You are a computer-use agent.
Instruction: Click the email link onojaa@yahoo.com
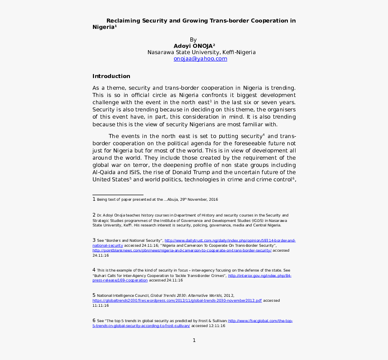tap(200, 59)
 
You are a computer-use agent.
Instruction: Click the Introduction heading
tap(111, 76)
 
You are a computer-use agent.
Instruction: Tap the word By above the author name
tap(194, 40)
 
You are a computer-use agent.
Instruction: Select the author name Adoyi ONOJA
tap(193, 46)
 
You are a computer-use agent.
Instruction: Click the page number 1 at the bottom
tap(194, 340)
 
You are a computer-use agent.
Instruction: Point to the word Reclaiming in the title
tap(123, 21)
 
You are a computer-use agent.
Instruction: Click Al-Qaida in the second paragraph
tap(103, 172)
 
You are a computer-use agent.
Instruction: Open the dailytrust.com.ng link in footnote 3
tap(230, 241)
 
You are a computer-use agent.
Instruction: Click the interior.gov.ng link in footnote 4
tap(259, 275)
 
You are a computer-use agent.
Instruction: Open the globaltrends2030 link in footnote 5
tap(177, 300)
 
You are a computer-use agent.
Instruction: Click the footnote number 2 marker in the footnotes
tap(94, 215)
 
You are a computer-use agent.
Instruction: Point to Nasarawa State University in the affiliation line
tap(183, 52)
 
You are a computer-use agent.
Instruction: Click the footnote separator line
tap(118, 194)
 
